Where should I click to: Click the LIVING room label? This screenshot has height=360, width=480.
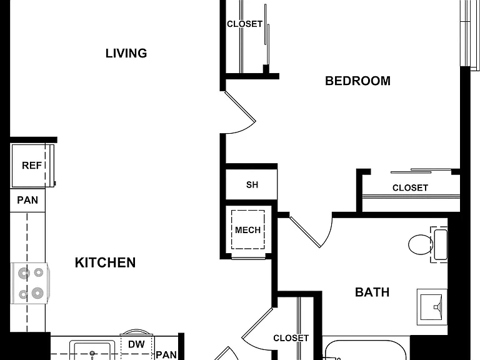(x=126, y=53)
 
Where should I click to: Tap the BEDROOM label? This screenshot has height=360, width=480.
(x=357, y=81)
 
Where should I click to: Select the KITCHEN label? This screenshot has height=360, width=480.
(x=105, y=262)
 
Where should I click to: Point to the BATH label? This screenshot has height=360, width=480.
(x=372, y=292)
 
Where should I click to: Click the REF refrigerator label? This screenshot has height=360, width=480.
(x=32, y=166)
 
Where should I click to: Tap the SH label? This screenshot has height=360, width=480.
(x=252, y=184)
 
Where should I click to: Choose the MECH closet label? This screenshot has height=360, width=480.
(x=247, y=230)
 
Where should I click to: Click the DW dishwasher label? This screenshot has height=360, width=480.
(x=136, y=344)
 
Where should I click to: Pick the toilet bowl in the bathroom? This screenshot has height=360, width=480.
(x=421, y=244)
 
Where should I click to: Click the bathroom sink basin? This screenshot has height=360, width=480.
(x=431, y=307)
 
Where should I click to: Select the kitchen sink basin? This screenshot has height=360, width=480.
(x=92, y=351)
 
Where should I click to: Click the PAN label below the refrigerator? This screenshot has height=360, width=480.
(x=27, y=200)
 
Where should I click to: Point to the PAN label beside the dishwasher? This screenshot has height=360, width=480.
(x=166, y=355)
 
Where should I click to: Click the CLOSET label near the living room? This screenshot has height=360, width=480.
(x=244, y=24)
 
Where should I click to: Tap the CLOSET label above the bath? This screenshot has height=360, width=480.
(x=410, y=187)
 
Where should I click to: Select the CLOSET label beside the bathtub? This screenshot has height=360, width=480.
(x=291, y=338)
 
